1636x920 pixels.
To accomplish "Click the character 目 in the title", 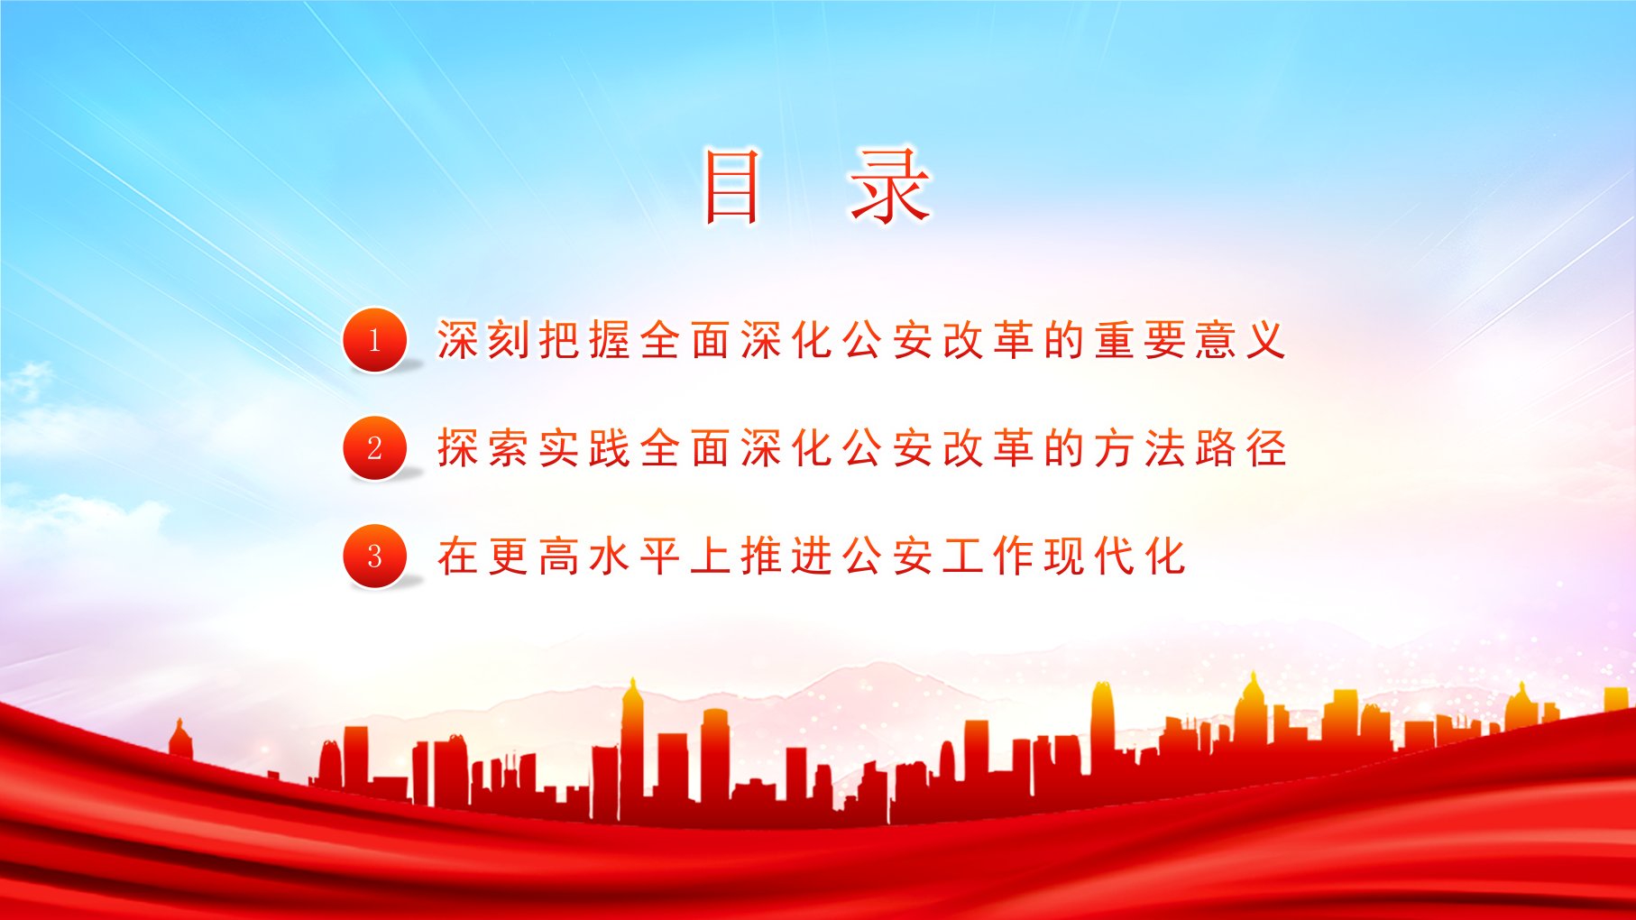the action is point(731,186).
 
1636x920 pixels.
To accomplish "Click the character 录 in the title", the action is point(889,186).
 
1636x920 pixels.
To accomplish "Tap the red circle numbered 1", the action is point(375,340).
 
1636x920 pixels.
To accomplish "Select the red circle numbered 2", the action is point(375,448).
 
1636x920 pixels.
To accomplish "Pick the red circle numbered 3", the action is point(375,557).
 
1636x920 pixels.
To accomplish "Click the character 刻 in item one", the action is point(509,340).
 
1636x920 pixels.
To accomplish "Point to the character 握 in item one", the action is point(610,340).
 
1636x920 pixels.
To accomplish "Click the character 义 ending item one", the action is point(1266,340).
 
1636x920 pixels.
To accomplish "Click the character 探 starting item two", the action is point(458,448).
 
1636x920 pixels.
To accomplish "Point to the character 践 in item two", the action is point(610,448).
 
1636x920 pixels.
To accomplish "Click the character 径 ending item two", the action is point(1266,448).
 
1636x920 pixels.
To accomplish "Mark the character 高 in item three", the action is point(559,557).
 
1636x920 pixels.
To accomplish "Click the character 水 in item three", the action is point(610,557).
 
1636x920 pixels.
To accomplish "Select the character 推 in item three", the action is point(761,557).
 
